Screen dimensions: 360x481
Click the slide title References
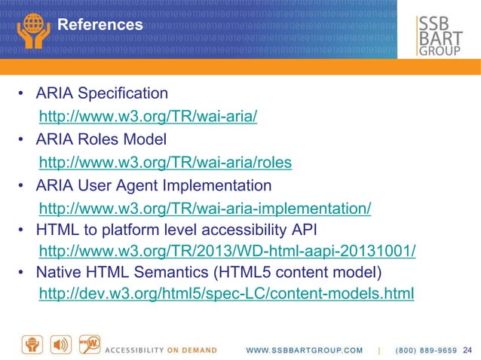[100, 25]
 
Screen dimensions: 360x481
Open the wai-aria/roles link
[164, 163]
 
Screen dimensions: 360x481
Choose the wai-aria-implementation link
[204, 209]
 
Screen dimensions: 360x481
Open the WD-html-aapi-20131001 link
[227, 251]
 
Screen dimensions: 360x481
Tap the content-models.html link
[226, 293]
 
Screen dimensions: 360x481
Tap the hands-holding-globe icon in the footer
[34, 343]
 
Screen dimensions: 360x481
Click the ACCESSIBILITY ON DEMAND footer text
[161, 350]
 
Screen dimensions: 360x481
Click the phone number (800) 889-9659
[426, 350]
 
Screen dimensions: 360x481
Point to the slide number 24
[467, 349]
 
